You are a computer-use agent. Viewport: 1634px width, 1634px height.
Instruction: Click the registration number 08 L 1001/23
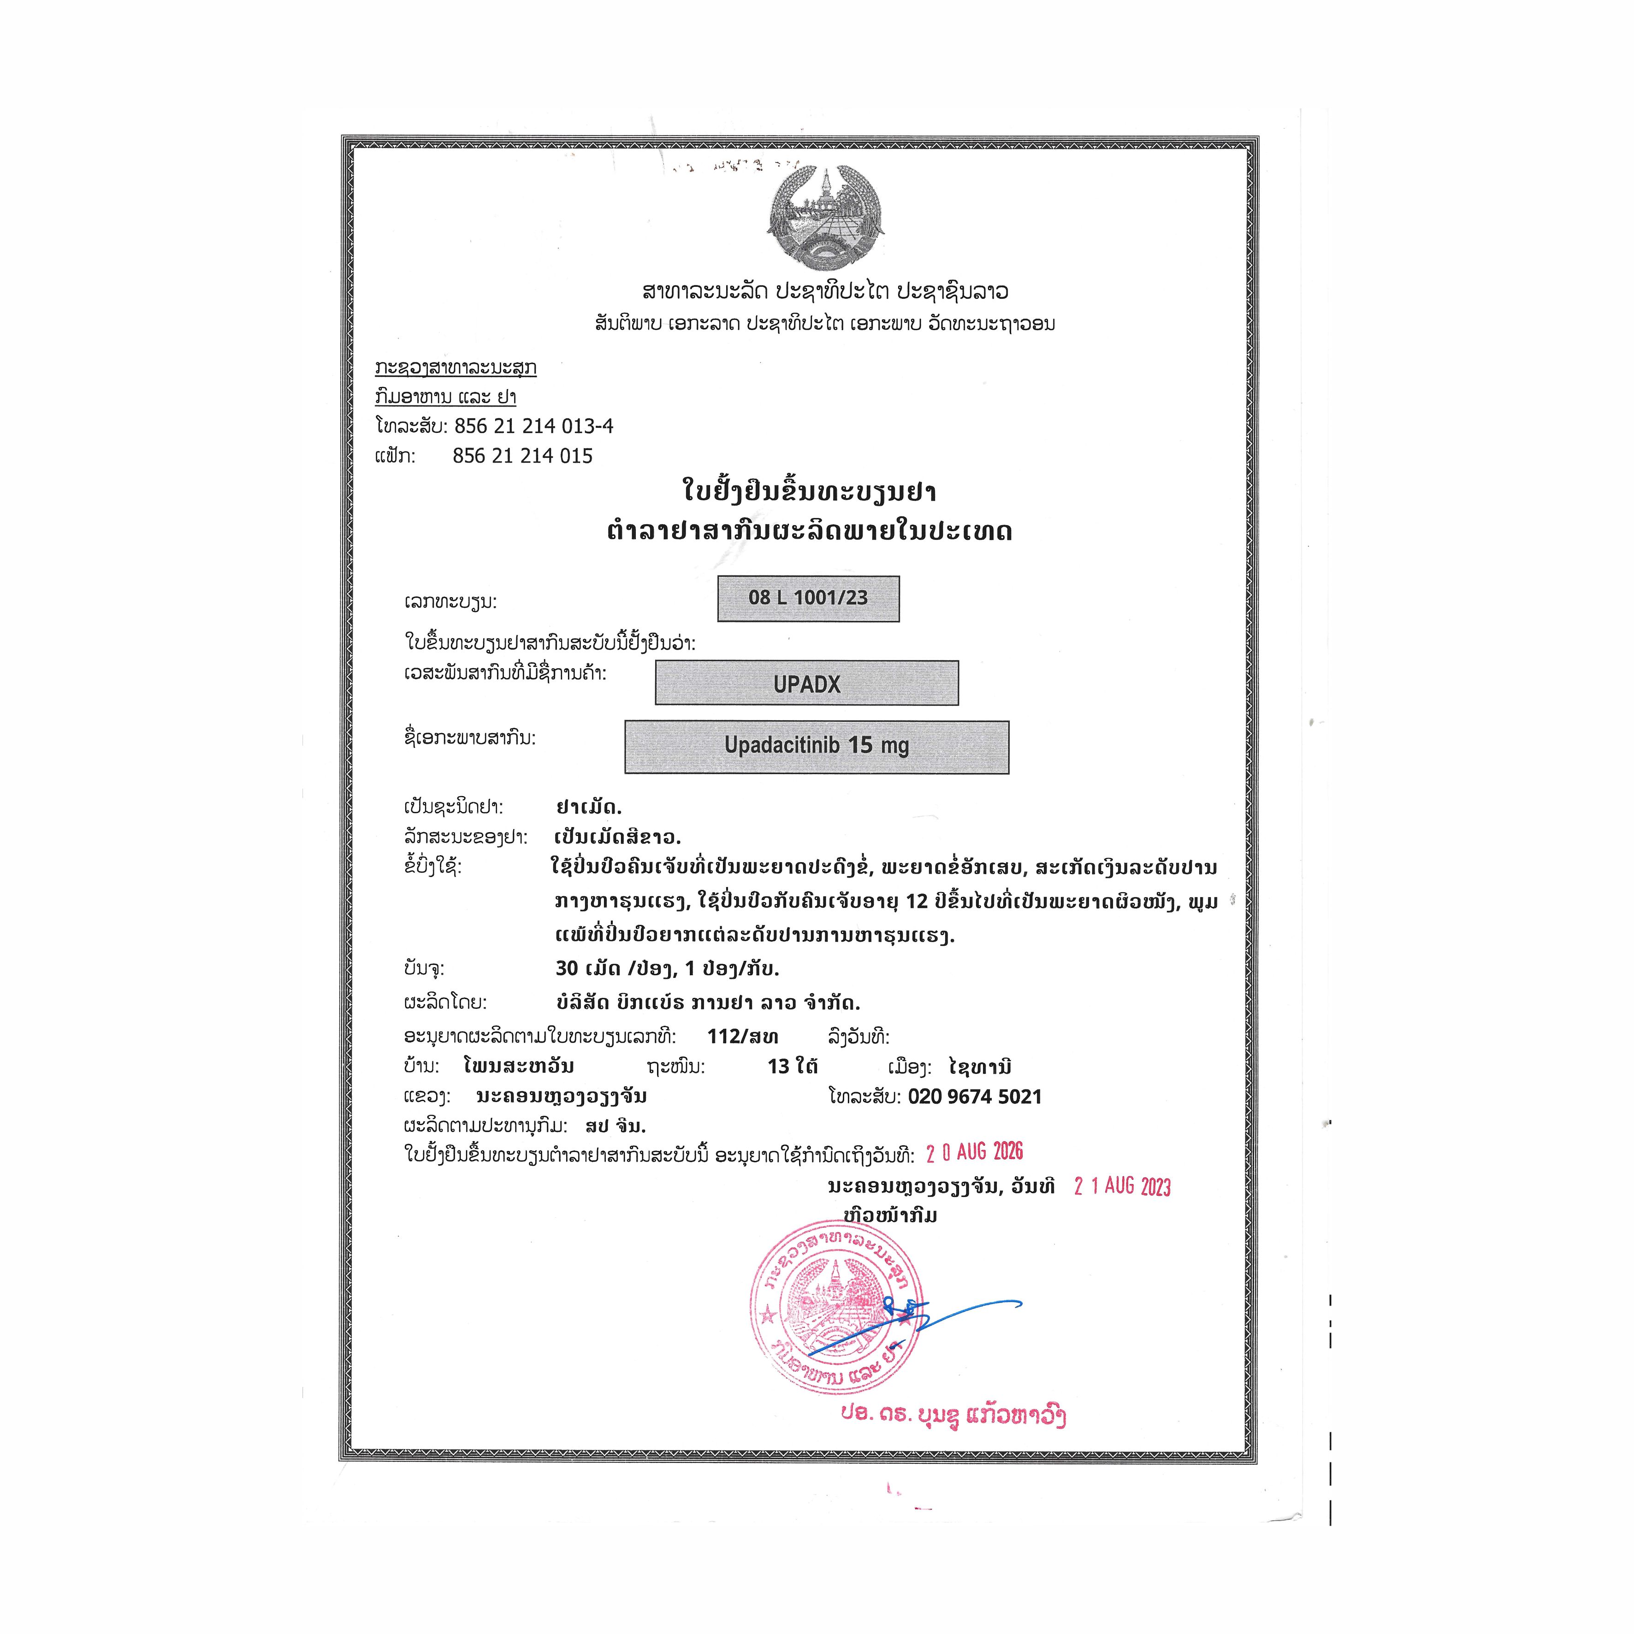coord(808,598)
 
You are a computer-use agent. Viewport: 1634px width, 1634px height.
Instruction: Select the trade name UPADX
coord(807,684)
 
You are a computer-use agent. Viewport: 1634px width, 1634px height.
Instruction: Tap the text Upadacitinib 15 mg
coord(816,746)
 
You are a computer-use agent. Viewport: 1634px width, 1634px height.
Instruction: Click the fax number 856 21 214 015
coord(523,456)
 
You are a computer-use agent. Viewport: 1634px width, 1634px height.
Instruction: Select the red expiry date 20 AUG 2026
coord(974,1152)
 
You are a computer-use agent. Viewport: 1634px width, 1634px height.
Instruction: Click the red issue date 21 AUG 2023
coord(1122,1187)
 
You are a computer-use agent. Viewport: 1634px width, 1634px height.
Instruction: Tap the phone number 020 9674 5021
coord(975,1097)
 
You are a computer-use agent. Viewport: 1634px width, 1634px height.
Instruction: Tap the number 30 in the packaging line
coord(567,968)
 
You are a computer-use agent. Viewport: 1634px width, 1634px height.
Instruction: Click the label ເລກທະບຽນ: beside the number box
coord(451,602)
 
